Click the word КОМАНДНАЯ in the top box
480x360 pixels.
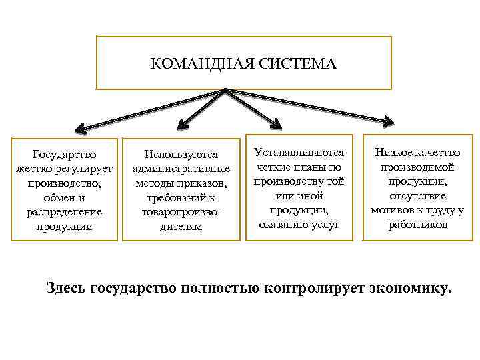[192, 65]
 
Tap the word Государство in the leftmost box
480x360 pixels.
[64, 155]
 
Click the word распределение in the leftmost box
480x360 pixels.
[64, 212]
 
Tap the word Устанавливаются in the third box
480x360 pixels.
[299, 153]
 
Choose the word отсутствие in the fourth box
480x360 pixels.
[417, 196]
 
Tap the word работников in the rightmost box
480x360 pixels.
[417, 225]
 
